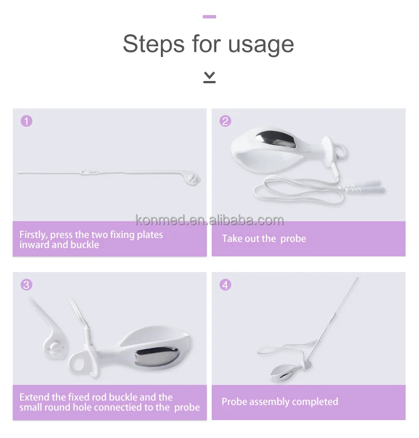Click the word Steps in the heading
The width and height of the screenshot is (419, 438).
(x=154, y=44)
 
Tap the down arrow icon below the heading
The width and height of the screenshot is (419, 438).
(x=209, y=77)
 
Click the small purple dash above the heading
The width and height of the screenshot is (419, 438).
(x=209, y=17)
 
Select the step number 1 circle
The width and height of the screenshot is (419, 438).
(x=27, y=121)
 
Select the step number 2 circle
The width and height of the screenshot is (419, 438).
(x=226, y=121)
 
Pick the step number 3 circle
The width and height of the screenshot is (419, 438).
(x=27, y=285)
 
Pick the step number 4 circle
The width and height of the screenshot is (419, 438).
(x=226, y=285)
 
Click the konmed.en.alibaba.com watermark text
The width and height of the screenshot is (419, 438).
(x=209, y=220)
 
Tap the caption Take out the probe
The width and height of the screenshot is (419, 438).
(x=264, y=239)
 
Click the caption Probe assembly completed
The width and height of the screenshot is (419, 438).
(x=280, y=402)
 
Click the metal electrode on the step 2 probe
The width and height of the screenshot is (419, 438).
(x=277, y=139)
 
